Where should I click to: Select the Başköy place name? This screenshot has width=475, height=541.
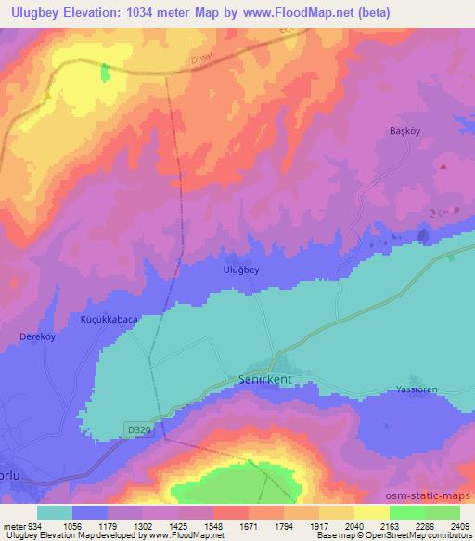[404, 132]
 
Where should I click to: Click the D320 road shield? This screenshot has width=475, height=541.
[137, 429]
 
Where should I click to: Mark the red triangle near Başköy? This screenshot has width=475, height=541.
[443, 166]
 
